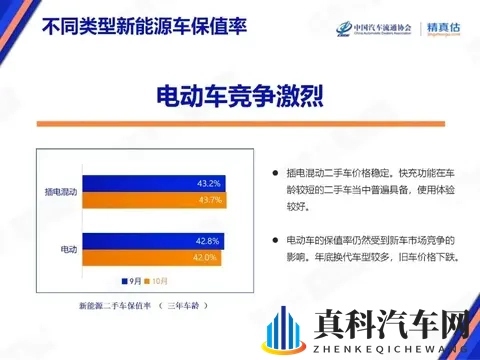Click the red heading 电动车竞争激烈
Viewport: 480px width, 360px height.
pyautogui.click(x=240, y=96)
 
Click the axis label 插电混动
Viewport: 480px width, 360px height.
pyautogui.click(x=62, y=191)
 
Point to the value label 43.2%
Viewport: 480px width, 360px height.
pyautogui.click(x=208, y=184)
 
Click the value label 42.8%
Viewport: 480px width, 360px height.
pyautogui.click(x=207, y=241)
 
